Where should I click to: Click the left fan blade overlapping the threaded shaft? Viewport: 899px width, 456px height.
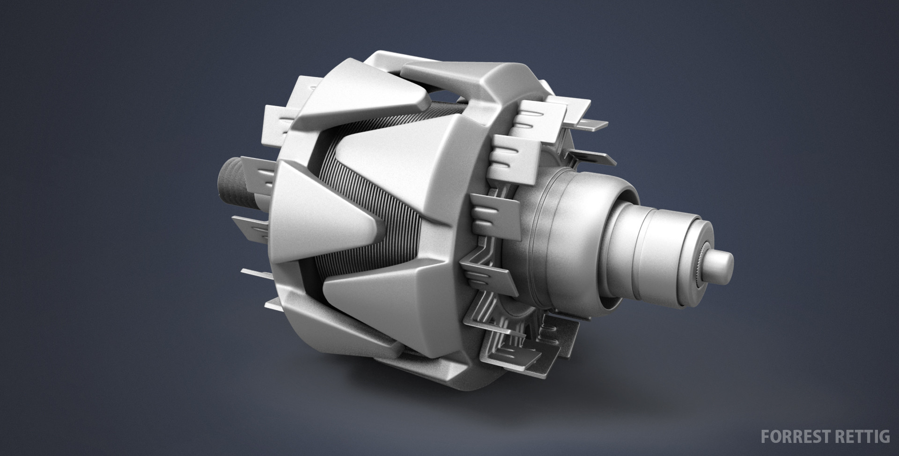coord(255,173)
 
